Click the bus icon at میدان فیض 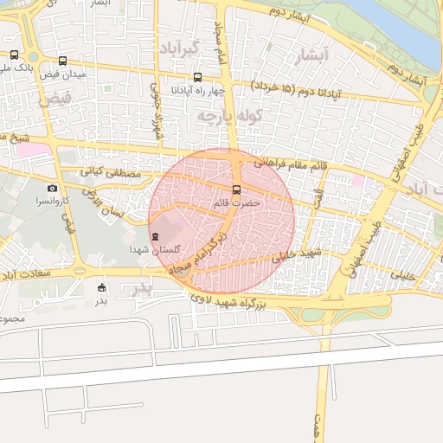pyautogui.click(x=62, y=61)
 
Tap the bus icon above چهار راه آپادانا pyautogui.click(x=198, y=77)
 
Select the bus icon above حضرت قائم pyautogui.click(x=236, y=189)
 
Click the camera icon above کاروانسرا pyautogui.click(x=52, y=188)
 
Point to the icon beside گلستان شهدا pyautogui.click(x=155, y=236)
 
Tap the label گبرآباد pyautogui.click(x=180, y=48)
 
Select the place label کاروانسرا pyautogui.click(x=54, y=201)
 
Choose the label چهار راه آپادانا pyautogui.click(x=198, y=90)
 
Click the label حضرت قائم pyautogui.click(x=236, y=202)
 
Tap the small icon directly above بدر pyautogui.click(x=102, y=287)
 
